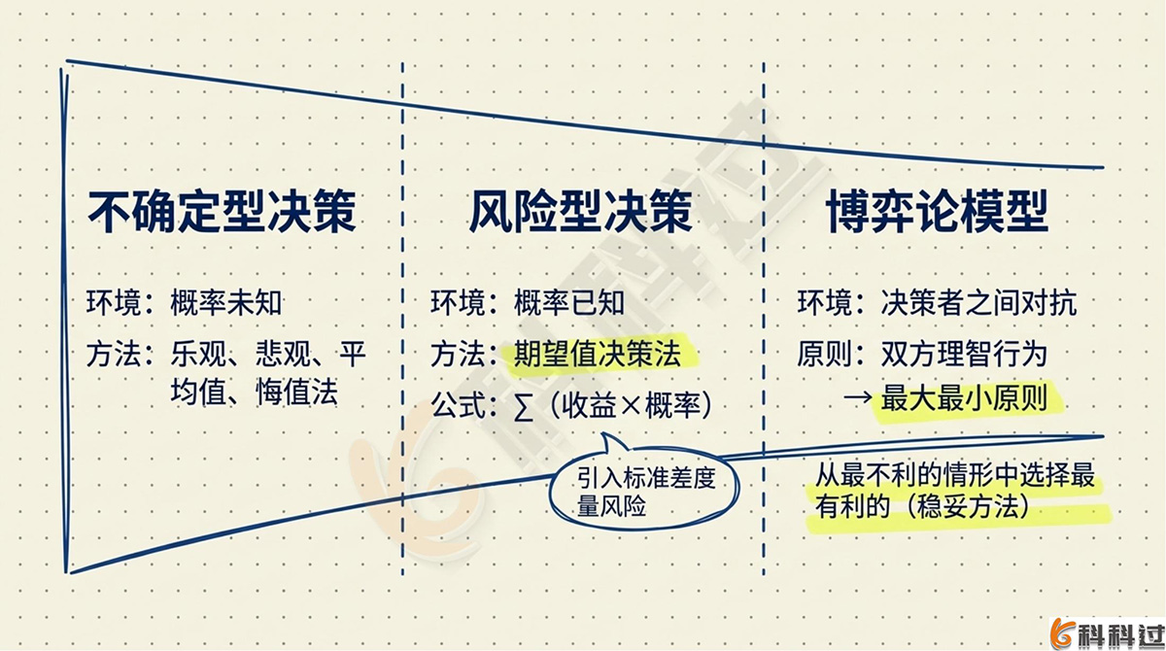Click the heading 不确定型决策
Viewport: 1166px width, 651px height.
[223, 212]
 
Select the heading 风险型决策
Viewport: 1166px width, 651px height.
[582, 212]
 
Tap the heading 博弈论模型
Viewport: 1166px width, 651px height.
[938, 212]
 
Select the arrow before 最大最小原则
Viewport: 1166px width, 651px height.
[856, 399]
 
